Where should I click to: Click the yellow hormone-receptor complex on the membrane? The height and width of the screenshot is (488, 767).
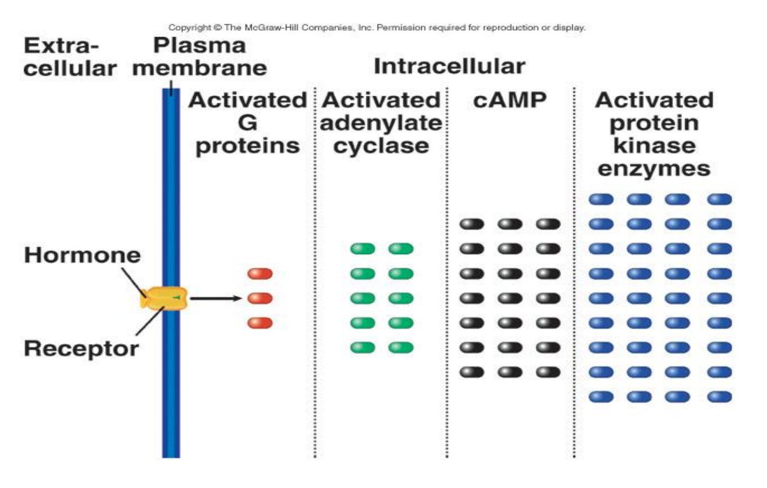tap(164, 298)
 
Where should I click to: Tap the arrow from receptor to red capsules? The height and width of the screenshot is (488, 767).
tap(216, 298)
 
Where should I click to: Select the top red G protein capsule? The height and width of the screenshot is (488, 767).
tap(260, 274)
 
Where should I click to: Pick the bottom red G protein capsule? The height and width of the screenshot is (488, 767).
tap(260, 323)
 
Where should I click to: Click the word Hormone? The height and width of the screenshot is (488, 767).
tap(82, 255)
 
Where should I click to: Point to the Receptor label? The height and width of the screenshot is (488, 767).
tap(82, 349)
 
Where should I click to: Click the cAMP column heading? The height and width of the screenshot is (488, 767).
tap(509, 100)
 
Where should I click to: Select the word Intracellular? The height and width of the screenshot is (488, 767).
tap(450, 66)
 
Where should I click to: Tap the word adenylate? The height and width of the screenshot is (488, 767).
tap(381, 123)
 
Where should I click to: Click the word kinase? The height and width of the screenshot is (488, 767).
tap(655, 146)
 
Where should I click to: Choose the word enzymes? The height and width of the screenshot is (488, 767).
tap(654, 169)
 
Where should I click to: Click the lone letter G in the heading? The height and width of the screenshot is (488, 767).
tap(247, 123)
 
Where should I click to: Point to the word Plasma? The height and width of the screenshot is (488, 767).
tap(200, 45)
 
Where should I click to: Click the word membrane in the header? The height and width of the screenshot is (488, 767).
tap(200, 68)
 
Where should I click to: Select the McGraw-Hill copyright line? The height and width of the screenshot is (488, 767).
tap(377, 27)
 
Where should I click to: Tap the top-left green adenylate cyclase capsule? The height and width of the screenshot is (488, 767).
tap(363, 249)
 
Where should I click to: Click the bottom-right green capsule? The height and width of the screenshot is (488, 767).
tap(401, 348)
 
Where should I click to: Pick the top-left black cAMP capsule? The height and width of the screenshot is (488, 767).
tap(472, 224)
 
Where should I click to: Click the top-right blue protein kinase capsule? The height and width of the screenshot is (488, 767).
tap(720, 200)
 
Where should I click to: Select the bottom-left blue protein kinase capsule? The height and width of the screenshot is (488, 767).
tap(601, 397)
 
